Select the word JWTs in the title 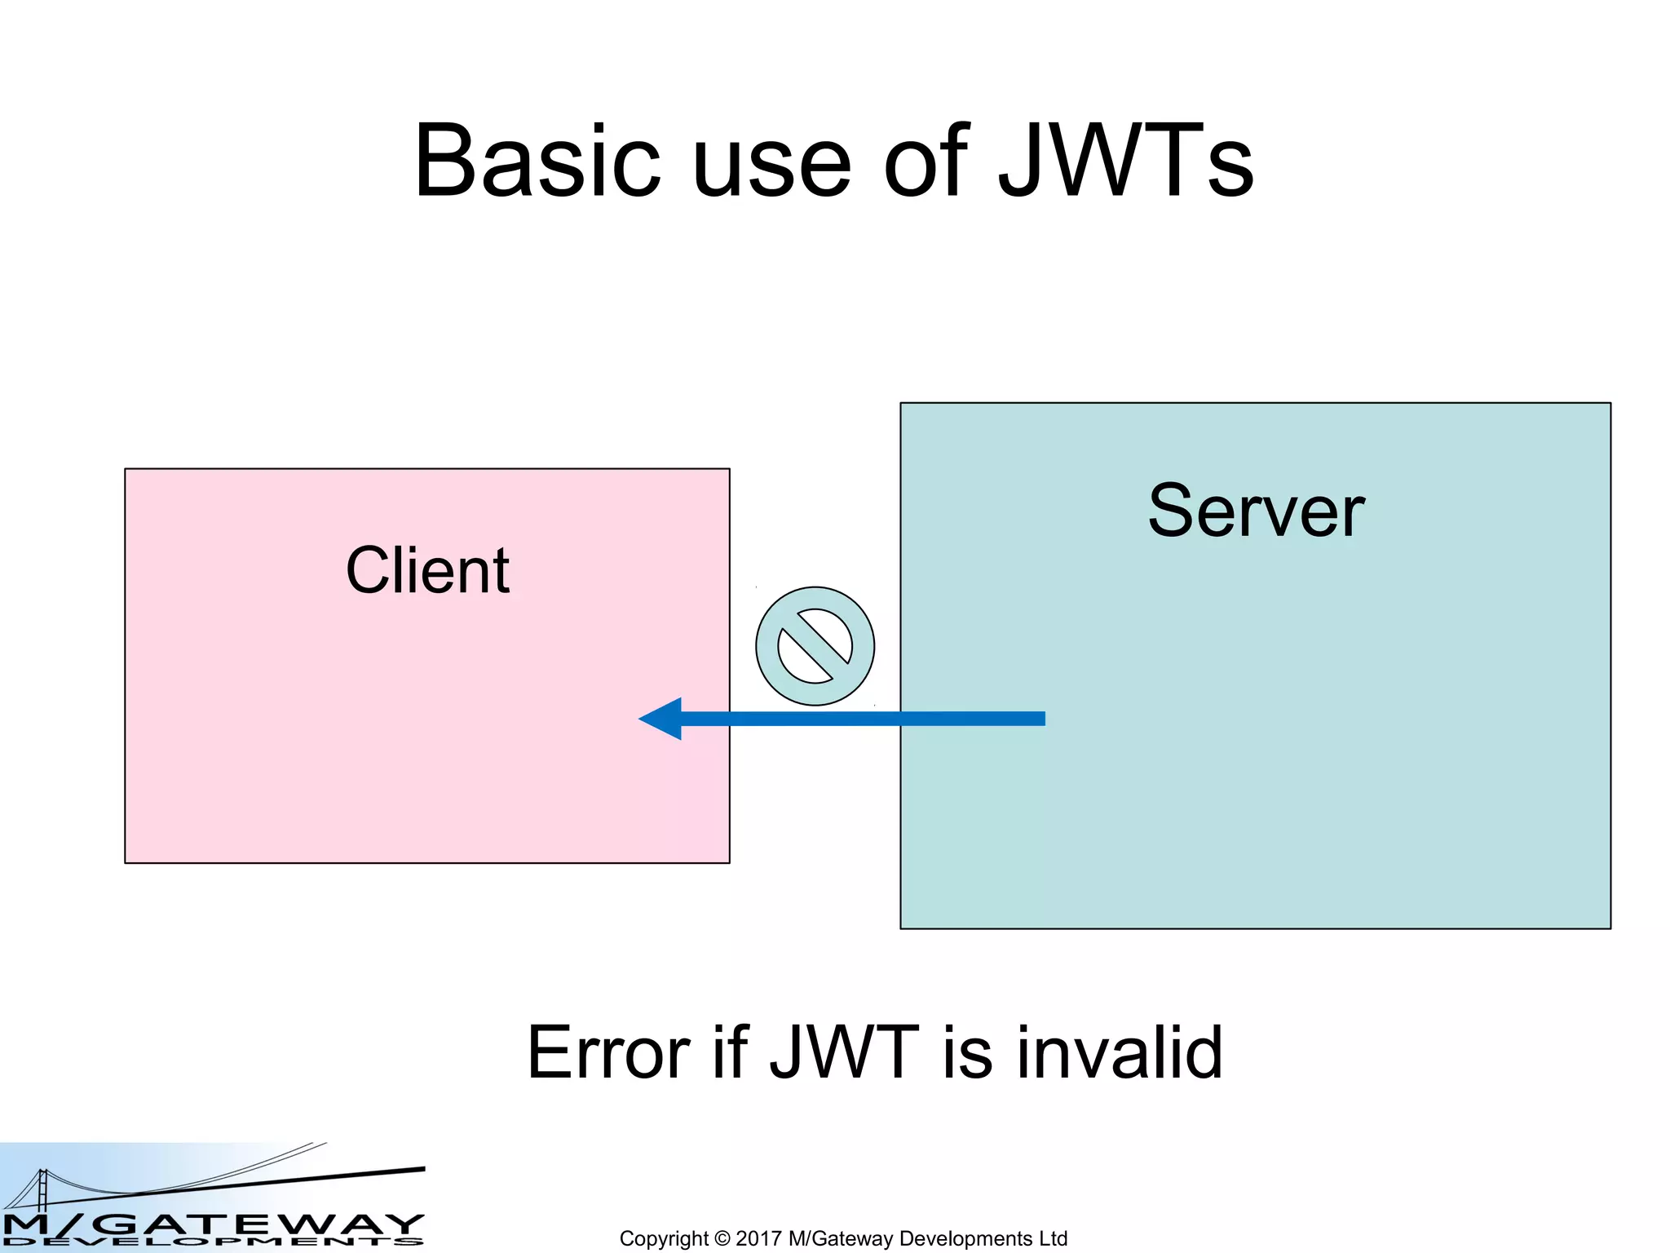click(1126, 162)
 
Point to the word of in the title click(925, 162)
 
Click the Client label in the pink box click(427, 570)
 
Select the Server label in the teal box click(1256, 511)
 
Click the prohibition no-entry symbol click(815, 646)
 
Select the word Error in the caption click(607, 1053)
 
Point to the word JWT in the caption click(844, 1053)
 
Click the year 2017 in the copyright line click(758, 1238)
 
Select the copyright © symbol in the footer click(722, 1238)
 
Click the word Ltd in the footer click(1052, 1238)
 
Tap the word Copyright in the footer click(663, 1238)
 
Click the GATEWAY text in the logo click(261, 1223)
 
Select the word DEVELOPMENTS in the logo click(212, 1242)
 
